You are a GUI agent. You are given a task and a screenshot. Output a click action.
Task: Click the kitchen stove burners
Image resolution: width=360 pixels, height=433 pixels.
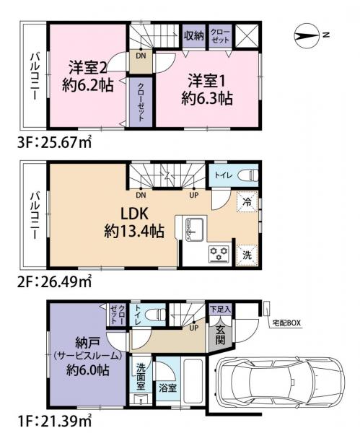(x=219, y=253)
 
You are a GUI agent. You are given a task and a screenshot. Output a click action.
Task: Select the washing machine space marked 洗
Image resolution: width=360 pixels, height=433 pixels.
(x=246, y=254)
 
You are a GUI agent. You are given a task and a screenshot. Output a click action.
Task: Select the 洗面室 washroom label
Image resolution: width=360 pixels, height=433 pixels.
(x=142, y=376)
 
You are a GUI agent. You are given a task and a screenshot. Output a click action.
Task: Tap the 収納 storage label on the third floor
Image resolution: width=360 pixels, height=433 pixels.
(x=192, y=34)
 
